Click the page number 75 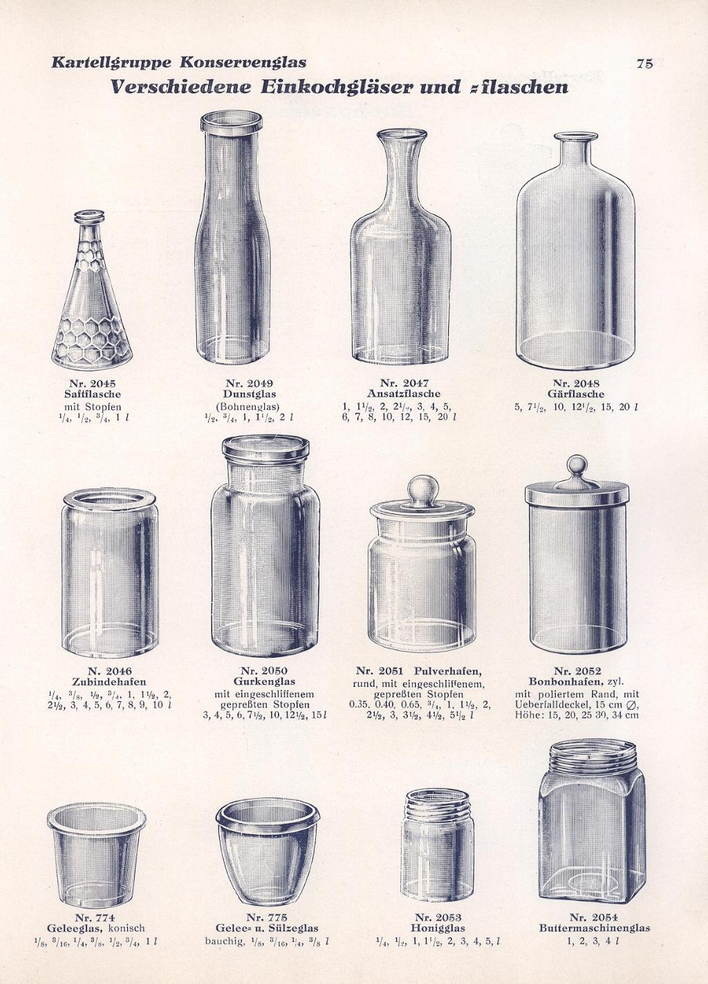point(644,64)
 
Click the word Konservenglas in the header point(243,63)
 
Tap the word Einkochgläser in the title point(337,87)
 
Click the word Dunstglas point(250,394)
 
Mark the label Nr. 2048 point(576,384)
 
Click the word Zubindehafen point(109,682)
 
